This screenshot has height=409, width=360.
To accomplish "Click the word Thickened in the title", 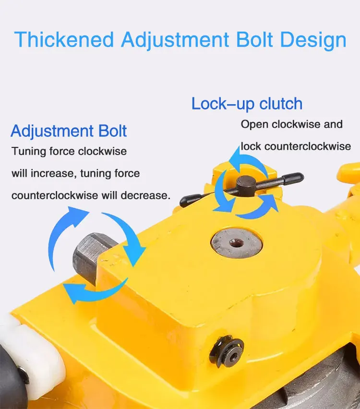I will (64, 39).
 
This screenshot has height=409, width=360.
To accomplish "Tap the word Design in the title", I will (313, 39).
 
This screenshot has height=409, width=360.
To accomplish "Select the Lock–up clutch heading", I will (247, 104).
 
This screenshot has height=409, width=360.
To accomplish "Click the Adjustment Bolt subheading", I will (69, 131).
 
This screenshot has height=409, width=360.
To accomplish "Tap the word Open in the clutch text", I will (254, 124).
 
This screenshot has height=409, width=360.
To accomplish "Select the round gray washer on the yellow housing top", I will (236, 242).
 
